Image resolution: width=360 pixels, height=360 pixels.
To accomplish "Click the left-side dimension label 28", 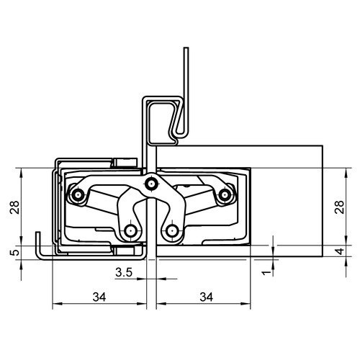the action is (x=14, y=207).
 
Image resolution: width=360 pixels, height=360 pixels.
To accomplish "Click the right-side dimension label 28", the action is (x=340, y=207).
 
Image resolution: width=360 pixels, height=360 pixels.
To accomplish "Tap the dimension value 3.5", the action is (x=124, y=272).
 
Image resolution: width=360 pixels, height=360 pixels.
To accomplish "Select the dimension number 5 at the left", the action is (x=15, y=253).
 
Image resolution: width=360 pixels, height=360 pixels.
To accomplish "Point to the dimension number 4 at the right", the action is (x=340, y=251).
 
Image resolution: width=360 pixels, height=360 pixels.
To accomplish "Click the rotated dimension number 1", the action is (x=266, y=273).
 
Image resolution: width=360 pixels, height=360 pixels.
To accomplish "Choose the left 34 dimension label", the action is (x=99, y=297).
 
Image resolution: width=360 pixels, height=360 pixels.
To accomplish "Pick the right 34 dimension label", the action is (x=207, y=297).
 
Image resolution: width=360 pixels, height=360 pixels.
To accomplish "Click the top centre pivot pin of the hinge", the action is (x=151, y=184).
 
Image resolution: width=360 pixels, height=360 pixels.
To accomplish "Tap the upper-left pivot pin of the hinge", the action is (x=77, y=194).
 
